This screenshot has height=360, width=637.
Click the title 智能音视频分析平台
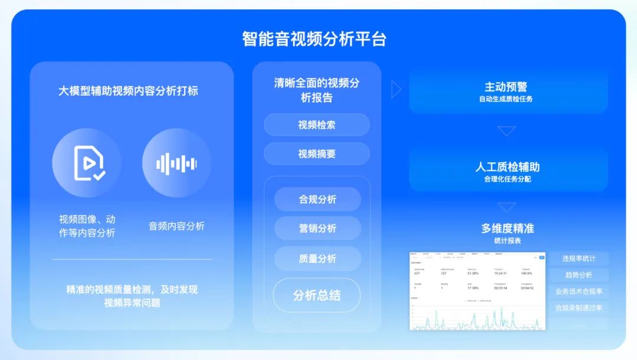pos(314,39)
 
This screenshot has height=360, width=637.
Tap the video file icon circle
pos(87,163)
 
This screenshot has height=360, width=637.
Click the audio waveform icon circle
pos(176,163)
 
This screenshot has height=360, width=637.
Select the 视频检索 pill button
pos(317,125)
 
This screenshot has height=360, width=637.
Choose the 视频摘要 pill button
pos(317,154)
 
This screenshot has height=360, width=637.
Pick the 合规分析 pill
pos(317,199)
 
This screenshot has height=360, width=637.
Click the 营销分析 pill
pos(317,228)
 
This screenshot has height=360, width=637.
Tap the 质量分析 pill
pos(317,258)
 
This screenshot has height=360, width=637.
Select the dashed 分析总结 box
pos(317,296)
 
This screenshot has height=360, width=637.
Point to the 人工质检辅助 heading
pos(507,167)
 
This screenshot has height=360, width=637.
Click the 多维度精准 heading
pos(507,228)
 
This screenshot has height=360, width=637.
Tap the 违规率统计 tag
pos(579,258)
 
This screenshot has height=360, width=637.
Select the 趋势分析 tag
pos(579,275)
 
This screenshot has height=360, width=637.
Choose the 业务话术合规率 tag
pos(579,292)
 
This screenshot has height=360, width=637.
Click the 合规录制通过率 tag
pos(579,308)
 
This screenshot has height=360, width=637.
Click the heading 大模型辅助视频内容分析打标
pos(128,91)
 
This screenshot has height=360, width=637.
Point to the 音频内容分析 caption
pos(176,226)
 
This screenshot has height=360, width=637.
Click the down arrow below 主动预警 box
pos(506,131)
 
